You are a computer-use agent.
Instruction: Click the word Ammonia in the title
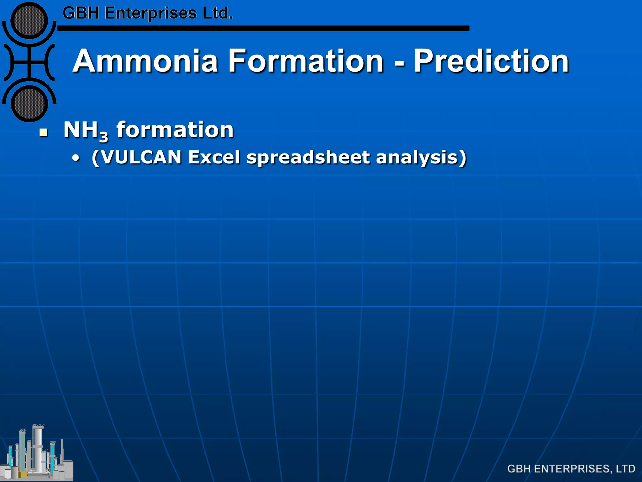145,61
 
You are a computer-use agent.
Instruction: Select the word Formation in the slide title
306,61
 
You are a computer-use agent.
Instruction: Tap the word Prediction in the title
491,61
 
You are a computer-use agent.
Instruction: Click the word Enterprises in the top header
150,13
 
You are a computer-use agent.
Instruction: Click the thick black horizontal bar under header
263,29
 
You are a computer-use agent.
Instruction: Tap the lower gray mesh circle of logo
29,103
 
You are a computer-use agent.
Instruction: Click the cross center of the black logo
29,62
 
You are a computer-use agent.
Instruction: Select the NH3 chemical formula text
85,130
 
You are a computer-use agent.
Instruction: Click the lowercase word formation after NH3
175,130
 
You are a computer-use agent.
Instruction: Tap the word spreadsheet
308,157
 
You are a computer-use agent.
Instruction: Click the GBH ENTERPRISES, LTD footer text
571,469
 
